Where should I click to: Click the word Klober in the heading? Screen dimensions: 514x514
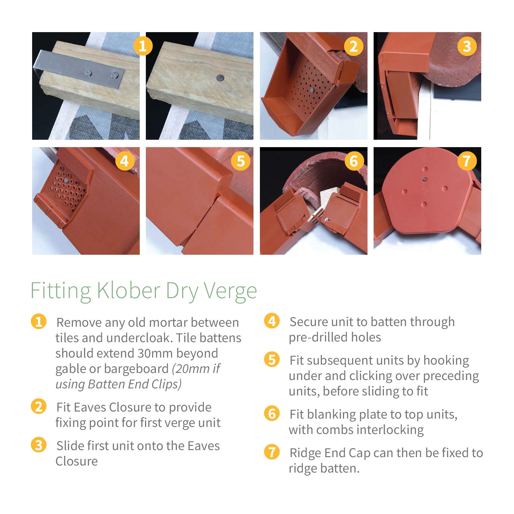click(x=128, y=291)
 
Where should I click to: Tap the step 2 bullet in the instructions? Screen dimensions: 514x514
click(x=39, y=406)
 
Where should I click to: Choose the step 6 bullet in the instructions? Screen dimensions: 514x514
click(x=272, y=413)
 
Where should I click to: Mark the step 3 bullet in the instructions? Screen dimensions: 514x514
click(x=39, y=445)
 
